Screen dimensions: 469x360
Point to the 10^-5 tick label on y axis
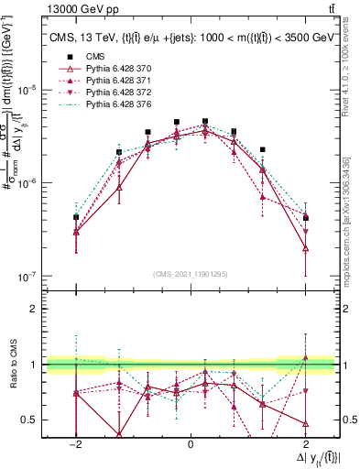[27, 90]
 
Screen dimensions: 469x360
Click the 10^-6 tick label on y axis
[27, 183]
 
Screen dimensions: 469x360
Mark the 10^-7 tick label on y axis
[27, 276]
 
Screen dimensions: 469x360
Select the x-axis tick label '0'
[190, 442]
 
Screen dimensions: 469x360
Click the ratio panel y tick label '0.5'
[29, 420]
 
